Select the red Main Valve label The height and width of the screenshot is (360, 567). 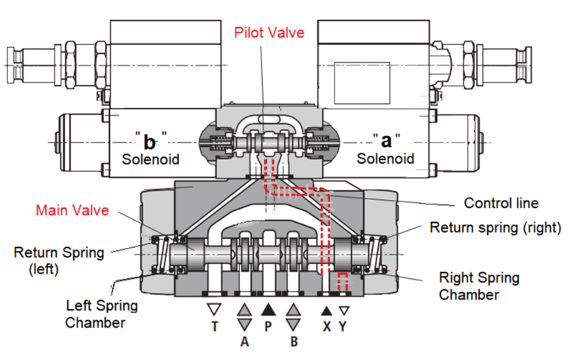click(73, 211)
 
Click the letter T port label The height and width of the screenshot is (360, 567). click(214, 325)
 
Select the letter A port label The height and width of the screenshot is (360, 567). click(244, 342)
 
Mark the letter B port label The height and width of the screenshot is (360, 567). click(294, 342)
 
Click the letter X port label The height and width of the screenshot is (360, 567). click(326, 325)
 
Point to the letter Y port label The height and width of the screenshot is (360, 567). click(343, 325)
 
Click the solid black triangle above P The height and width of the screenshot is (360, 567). click(268, 309)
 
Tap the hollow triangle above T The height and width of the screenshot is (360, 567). click(214, 309)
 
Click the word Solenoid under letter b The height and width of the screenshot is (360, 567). click(151, 158)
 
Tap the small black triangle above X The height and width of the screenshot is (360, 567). click(326, 311)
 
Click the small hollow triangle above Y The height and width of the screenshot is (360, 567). click(343, 311)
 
